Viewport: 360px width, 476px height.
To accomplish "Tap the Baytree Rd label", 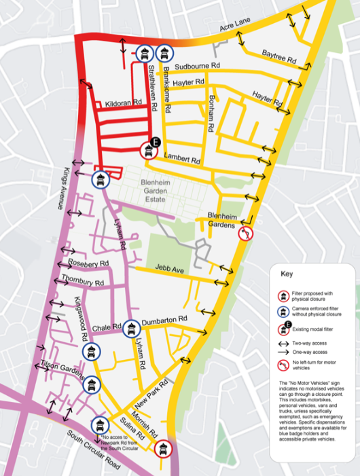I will [x=279, y=57].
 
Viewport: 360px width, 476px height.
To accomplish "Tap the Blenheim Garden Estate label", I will [x=159, y=190].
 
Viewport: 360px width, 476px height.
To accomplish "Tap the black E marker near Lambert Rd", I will [x=156, y=142].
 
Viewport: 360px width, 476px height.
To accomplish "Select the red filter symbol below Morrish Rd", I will [x=162, y=448].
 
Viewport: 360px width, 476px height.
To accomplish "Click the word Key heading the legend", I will [x=288, y=275].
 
